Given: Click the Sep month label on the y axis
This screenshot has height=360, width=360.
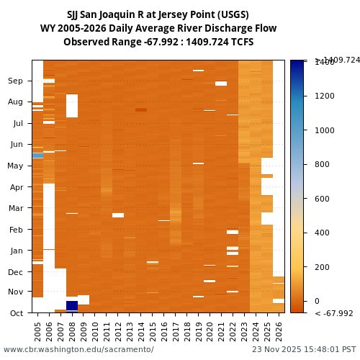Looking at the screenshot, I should pyautogui.click(x=16, y=81).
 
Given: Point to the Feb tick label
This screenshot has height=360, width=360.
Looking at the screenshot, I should pyautogui.click(x=16, y=230).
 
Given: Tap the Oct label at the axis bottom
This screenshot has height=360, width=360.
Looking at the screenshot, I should pyautogui.click(x=16, y=313).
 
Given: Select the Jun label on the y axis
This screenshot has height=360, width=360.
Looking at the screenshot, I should pyautogui.click(x=16, y=145).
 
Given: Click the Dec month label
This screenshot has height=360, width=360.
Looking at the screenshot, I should pyautogui.click(x=16, y=272).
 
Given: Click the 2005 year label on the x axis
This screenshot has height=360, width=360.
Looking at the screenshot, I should pyautogui.click(x=37, y=330).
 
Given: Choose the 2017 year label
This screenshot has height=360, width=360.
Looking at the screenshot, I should pyautogui.click(x=176, y=330).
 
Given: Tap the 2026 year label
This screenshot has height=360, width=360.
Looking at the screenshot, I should pyautogui.click(x=279, y=330).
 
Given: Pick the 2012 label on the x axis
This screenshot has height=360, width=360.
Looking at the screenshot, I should pyautogui.click(x=118, y=330).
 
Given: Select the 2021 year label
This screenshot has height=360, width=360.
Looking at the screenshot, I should pyautogui.click(x=221, y=330).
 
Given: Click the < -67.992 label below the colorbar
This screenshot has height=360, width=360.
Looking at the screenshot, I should pyautogui.click(x=333, y=313).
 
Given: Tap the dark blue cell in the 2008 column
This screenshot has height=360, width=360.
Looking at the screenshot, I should pyautogui.click(x=72, y=305).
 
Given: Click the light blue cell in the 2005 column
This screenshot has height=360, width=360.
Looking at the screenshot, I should pyautogui.click(x=37, y=156).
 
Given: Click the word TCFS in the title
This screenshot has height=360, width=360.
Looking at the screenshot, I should pyautogui.click(x=241, y=42).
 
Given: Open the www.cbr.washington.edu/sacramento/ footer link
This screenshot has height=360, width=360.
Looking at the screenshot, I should pyautogui.click(x=78, y=350).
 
